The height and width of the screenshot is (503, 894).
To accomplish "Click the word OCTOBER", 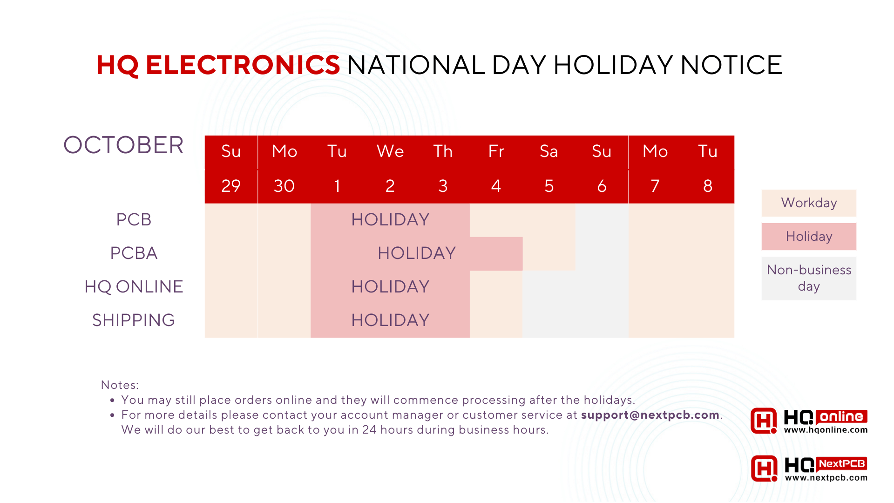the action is [123, 145].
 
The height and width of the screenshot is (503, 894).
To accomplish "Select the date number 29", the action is [231, 186].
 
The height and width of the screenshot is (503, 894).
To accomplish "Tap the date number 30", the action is [284, 186].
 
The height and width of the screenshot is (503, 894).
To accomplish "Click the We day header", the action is [390, 151].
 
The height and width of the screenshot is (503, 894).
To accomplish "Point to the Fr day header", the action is [496, 151].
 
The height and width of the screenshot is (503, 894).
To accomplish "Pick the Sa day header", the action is [549, 151].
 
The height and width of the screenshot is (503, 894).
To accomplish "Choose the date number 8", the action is [708, 186].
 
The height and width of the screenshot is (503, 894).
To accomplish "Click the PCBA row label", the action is [134, 253].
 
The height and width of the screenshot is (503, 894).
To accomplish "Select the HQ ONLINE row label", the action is [134, 286].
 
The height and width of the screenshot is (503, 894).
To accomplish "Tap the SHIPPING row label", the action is [134, 320].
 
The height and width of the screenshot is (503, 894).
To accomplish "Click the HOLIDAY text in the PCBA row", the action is [417, 253].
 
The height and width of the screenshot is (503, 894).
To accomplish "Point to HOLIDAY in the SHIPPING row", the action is [390, 320].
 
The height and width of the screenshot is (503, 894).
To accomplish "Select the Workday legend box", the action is [809, 203].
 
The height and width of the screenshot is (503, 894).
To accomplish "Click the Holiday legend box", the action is [809, 237].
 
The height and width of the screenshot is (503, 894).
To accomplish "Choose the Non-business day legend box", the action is [809, 278].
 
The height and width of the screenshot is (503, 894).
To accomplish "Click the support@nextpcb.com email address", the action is [650, 415].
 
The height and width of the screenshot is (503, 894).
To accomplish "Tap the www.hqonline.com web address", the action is [826, 430].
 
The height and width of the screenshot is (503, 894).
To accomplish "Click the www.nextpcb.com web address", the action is [826, 477].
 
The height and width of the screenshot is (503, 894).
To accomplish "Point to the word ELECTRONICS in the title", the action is [243, 65].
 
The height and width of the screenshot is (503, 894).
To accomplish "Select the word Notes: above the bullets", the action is [120, 385].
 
